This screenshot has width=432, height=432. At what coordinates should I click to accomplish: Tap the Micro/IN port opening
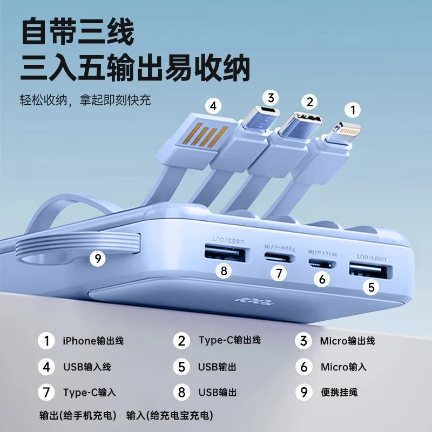coord(322,264)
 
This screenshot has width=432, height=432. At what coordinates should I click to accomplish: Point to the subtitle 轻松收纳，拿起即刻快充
coord(86,100)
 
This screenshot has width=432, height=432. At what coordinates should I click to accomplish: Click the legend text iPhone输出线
coord(93,341)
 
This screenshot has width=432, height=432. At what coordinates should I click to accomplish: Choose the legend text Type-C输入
coord(89,392)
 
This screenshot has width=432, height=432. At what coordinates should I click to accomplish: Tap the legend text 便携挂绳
coord(339,392)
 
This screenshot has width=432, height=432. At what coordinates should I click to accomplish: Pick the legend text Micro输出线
coord(347,341)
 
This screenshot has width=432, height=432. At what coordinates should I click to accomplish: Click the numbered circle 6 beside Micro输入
coord(304,367)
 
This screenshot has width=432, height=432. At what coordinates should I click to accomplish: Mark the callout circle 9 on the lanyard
coord(98,259)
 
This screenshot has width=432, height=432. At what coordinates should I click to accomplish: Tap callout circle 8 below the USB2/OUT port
coord(224,270)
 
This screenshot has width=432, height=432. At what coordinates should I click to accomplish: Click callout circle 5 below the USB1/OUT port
coord(371,287)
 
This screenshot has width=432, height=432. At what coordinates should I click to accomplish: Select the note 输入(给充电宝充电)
coord(170,415)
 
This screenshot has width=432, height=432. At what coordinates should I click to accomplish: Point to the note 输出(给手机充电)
coord(78,415)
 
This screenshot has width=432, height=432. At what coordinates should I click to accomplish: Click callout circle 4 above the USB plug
coord(214,106)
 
